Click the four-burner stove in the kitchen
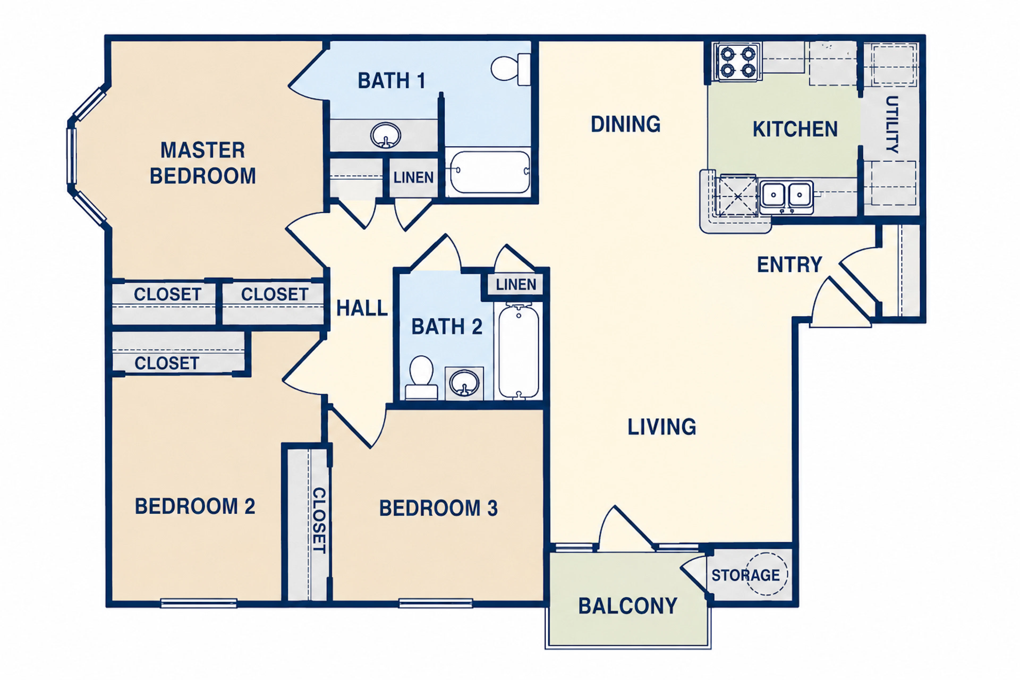point(738,62)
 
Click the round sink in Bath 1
point(385,135)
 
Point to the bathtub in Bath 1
point(490,172)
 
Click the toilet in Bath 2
point(421,378)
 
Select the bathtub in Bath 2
point(519,351)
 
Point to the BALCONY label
point(627,606)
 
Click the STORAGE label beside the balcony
point(746,575)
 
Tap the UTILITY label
point(892,125)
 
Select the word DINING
point(626,124)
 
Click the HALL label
point(362,308)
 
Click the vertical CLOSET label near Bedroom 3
point(319,520)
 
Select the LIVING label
point(662,427)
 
